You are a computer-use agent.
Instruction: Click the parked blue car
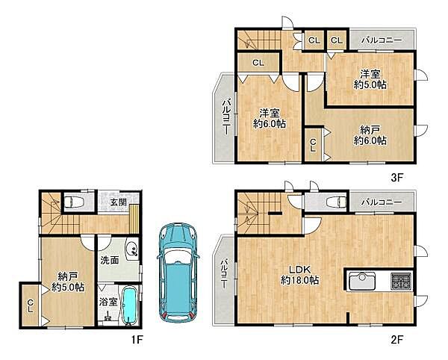tap(178, 273)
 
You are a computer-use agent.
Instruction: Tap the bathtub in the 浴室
tap(131, 306)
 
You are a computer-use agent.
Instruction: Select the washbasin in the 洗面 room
tap(132, 249)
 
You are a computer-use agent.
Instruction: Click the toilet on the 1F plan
tap(73, 202)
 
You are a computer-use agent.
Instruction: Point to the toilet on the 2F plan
tap(336, 202)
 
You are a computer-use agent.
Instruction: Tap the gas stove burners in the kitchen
tap(401, 281)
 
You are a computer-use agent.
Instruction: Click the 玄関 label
tap(119, 202)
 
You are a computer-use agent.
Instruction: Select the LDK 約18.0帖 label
tap(299, 275)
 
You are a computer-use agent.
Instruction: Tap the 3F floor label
tap(396, 178)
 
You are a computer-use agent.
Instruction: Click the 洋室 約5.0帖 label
tap(370, 79)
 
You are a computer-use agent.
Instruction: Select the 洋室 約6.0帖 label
tap(270, 118)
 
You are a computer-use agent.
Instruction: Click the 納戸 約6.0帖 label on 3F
tap(370, 135)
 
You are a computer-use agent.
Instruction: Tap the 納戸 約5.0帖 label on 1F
tap(68, 282)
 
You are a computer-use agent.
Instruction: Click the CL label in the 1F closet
tap(31, 305)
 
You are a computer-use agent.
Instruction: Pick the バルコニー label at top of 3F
tap(382, 40)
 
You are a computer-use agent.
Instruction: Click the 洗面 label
tap(110, 260)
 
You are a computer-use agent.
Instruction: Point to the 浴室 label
tap(108, 302)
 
